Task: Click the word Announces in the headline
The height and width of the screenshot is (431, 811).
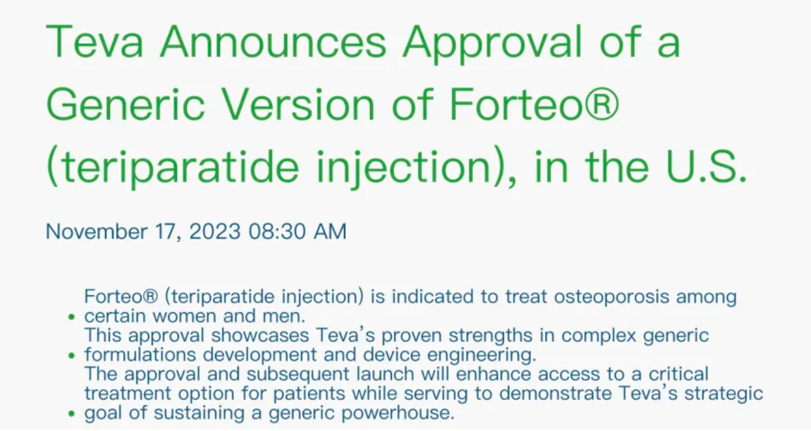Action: (273, 42)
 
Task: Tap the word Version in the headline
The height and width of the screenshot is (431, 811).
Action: (298, 105)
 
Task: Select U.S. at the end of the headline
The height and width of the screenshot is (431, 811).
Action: (706, 167)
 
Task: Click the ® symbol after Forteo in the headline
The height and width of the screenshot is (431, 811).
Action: (602, 104)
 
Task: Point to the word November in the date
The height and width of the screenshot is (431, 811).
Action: (97, 231)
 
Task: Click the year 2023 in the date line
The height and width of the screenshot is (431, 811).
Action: (215, 231)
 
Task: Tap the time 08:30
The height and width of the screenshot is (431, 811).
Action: (277, 231)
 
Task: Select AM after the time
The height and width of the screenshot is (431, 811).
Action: (330, 231)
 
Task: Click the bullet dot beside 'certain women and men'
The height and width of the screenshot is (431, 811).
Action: (71, 317)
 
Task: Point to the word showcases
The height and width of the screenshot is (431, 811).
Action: (260, 335)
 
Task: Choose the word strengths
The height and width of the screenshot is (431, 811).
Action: (491, 336)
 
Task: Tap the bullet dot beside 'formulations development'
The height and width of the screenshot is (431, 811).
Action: (71, 356)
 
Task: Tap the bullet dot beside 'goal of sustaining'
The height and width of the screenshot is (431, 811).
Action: (71, 414)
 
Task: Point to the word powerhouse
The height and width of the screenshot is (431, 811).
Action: (398, 414)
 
